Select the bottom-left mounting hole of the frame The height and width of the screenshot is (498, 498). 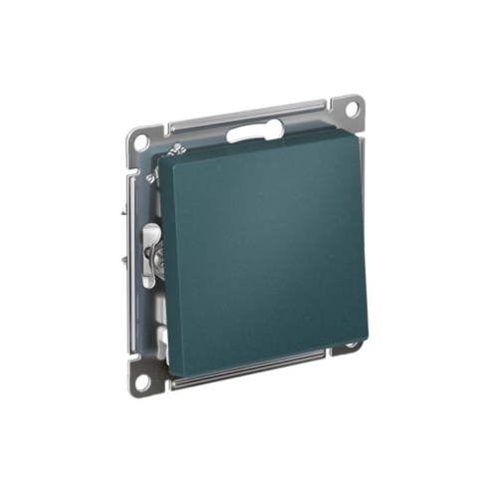[x=143, y=379]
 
